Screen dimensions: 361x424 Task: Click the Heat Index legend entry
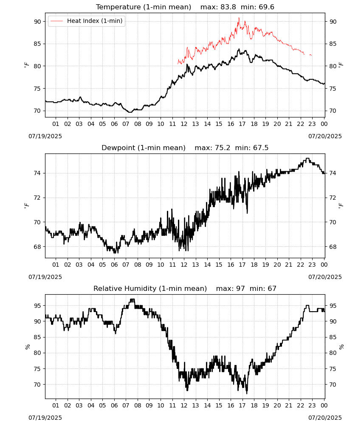point(86,21)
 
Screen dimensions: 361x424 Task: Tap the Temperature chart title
point(185,7)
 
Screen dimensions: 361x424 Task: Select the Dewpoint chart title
point(185,148)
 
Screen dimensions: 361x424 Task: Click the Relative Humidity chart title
point(185,288)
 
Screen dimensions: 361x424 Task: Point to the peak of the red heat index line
point(239,18)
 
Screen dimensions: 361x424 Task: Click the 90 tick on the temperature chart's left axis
point(37,22)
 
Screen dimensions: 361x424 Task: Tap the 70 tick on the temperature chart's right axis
point(333,111)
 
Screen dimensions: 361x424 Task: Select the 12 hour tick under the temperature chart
point(184,124)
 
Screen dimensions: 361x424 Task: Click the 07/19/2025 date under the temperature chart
point(45,136)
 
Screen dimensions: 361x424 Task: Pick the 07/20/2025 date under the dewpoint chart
point(325,277)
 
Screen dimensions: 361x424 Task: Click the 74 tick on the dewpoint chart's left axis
point(37,173)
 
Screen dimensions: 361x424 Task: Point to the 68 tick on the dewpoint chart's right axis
point(333,247)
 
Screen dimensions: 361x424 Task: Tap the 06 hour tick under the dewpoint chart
point(114,265)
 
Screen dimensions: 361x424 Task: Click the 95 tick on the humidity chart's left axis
point(37,306)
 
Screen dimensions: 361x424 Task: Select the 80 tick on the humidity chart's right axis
point(333,353)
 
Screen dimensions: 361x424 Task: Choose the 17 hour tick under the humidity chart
point(242,405)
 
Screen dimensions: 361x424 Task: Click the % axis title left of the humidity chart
point(27,347)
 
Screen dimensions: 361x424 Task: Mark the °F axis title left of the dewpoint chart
point(26,206)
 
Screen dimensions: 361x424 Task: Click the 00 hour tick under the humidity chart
point(324,405)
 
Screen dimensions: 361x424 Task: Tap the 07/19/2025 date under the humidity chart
point(45,418)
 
